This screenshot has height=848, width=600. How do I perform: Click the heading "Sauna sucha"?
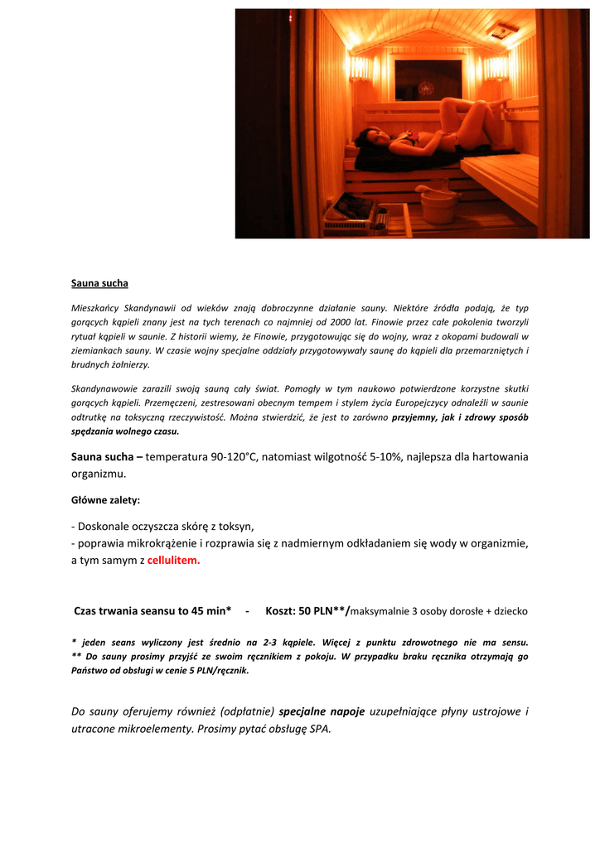click(99, 283)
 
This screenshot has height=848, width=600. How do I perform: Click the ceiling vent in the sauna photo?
click(502, 31)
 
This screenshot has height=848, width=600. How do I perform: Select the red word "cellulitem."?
click(174, 560)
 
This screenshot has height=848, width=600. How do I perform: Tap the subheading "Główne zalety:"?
click(105, 500)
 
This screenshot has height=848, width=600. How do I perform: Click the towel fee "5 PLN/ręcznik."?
click(210, 671)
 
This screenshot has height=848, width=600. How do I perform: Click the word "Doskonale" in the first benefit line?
click(103, 526)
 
